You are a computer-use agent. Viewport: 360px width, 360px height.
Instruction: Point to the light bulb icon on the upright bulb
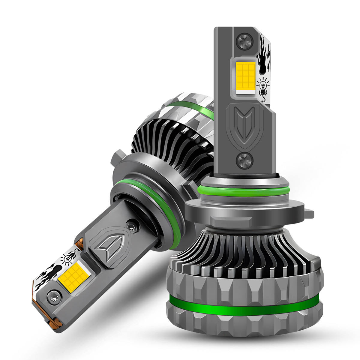pyautogui.click(x=263, y=86)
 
